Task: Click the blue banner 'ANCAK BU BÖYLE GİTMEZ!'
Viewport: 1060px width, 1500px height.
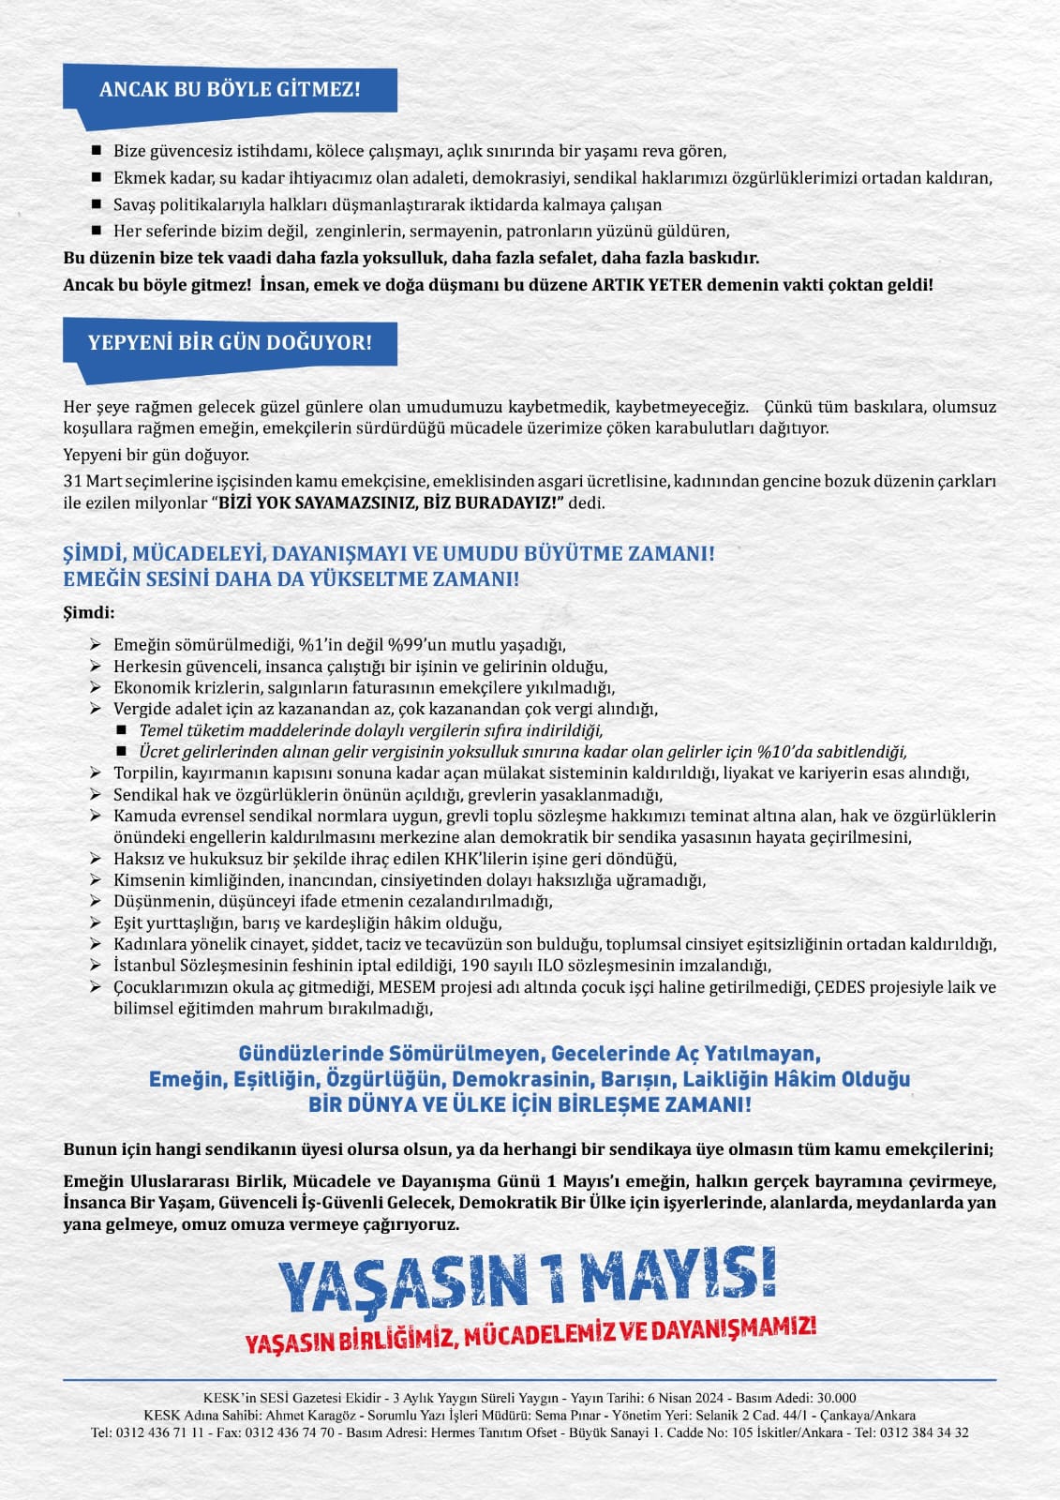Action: click(x=230, y=91)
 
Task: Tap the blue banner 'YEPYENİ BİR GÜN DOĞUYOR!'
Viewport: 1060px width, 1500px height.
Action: click(x=230, y=343)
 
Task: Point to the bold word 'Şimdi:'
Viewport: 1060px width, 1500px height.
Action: click(x=89, y=613)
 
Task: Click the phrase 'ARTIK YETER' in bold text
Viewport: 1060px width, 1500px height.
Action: click(x=647, y=284)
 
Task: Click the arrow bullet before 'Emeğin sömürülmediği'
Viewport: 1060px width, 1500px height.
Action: click(x=96, y=644)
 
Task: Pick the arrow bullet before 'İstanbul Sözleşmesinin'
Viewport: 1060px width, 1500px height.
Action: click(x=96, y=965)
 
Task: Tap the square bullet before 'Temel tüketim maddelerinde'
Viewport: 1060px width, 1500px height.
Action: click(x=121, y=729)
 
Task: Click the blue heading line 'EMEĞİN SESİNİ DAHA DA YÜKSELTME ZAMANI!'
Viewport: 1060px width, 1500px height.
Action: click(x=291, y=579)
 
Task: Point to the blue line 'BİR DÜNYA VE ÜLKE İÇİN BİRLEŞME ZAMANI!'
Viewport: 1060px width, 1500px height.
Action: click(x=530, y=1104)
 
